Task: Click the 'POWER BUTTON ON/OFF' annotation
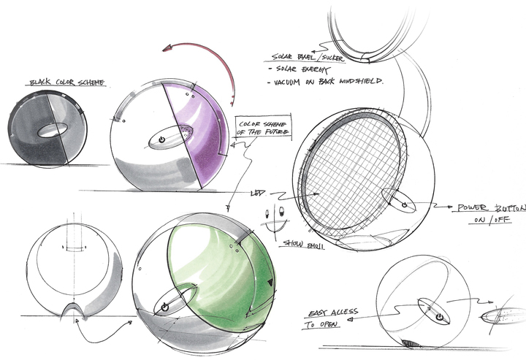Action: pyautogui.click(x=490, y=215)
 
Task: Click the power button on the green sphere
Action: pyautogui.click(x=164, y=307)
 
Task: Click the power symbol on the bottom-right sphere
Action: pyautogui.click(x=439, y=317)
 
